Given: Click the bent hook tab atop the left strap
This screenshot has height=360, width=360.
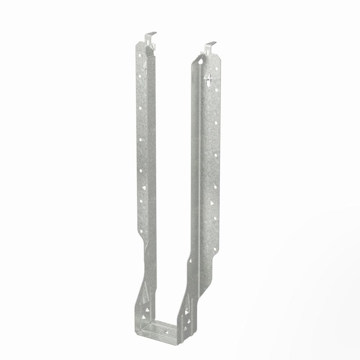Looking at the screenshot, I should [150, 35].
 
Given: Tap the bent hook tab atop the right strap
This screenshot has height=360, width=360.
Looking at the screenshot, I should [210, 45].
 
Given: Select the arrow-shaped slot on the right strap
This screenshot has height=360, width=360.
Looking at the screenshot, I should [208, 77].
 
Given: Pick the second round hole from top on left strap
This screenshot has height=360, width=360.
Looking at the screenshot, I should [140, 76].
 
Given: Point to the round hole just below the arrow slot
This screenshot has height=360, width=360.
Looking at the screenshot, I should [216, 90].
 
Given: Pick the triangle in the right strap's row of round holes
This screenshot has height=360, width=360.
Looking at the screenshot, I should [212, 203].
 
